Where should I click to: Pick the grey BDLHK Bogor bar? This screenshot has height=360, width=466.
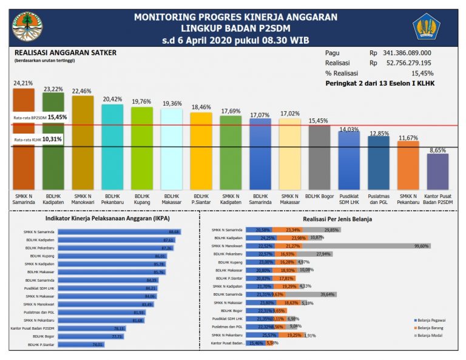[x=319, y=157]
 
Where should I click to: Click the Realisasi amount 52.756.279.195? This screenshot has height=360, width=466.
[x=412, y=63]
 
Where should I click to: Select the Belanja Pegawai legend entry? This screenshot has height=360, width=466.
[x=431, y=319]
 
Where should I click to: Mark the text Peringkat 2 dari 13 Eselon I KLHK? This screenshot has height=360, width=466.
[x=380, y=83]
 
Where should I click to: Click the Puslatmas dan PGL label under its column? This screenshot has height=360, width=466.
[x=379, y=200]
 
